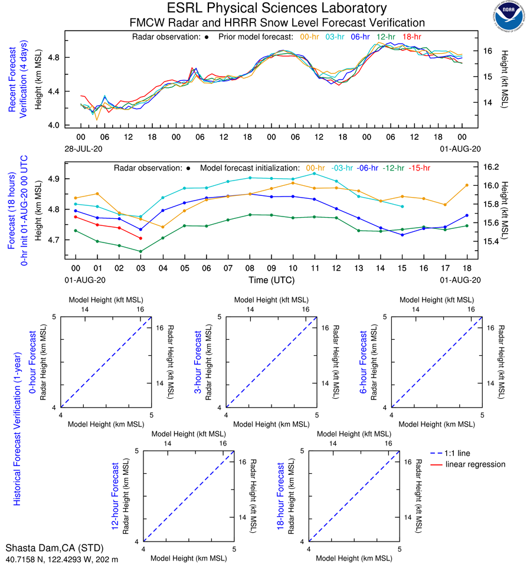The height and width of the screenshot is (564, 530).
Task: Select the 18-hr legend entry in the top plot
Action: coord(411,37)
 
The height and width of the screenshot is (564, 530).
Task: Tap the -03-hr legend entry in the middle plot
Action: coord(343,168)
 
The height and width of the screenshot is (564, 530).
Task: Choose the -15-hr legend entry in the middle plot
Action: coord(420,168)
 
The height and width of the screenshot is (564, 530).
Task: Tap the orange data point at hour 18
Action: coord(467,185)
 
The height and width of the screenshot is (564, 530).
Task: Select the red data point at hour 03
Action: coord(140,238)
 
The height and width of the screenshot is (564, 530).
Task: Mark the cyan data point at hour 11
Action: coord(315,173)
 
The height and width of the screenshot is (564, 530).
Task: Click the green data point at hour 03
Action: coord(140,251)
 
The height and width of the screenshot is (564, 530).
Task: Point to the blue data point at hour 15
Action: coord(402,235)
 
